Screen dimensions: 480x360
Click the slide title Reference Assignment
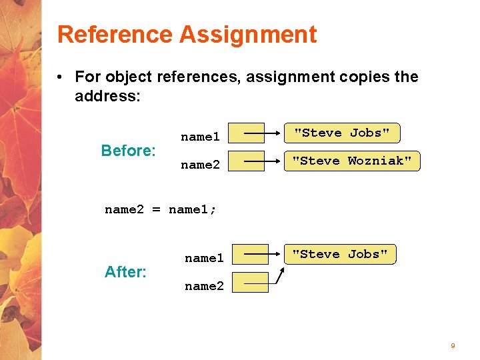click(187, 34)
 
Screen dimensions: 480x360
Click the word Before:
click(128, 151)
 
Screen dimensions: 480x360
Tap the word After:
click(125, 272)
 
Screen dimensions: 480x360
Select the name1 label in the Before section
click(200, 137)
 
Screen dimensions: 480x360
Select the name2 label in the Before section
click(200, 165)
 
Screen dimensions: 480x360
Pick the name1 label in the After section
click(204, 258)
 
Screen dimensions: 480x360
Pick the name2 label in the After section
click(204, 286)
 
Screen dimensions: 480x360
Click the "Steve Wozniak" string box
click(352, 161)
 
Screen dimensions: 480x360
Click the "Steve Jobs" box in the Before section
click(342, 133)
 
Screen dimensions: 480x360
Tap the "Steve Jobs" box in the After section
click(340, 254)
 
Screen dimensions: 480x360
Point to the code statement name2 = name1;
click(161, 209)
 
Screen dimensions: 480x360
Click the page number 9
click(453, 345)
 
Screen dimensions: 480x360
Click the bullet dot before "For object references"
click(60, 77)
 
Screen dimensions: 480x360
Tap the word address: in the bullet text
click(107, 96)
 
